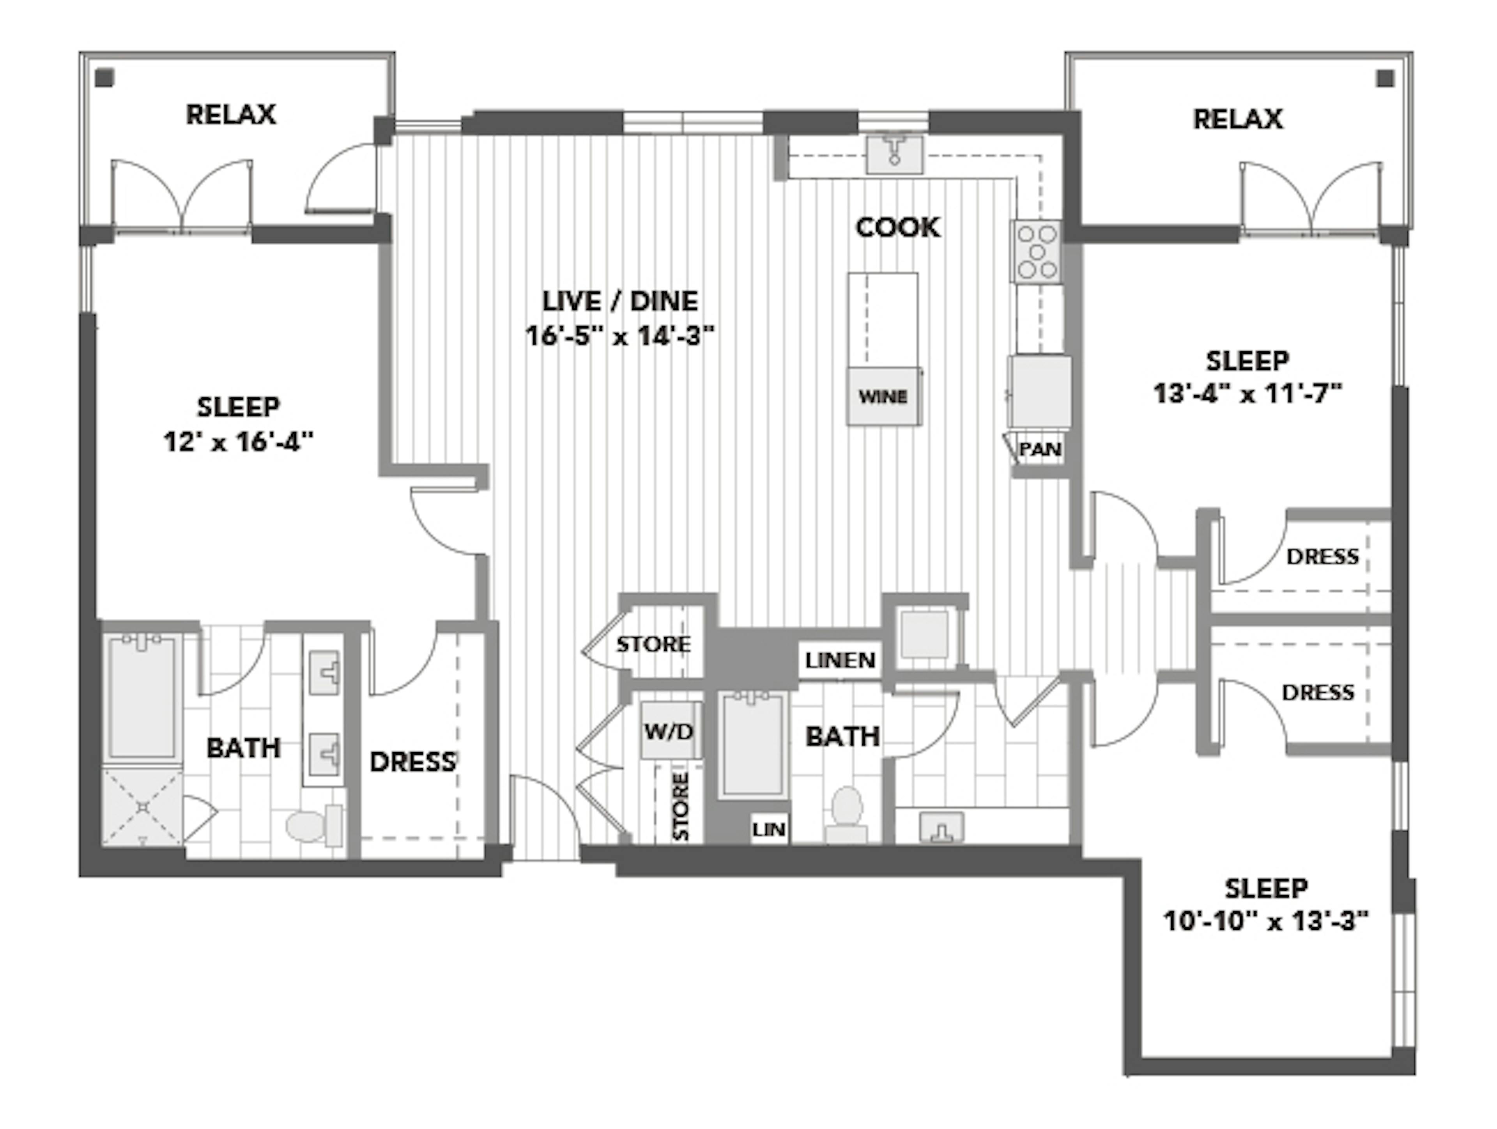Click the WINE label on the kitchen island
click(x=883, y=397)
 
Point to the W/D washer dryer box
click(x=669, y=731)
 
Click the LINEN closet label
click(x=840, y=660)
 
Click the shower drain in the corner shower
click(x=143, y=807)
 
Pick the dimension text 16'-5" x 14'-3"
click(x=620, y=336)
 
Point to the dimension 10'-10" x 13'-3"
click(x=1265, y=921)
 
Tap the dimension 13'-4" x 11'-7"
click(x=1247, y=393)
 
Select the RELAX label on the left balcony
click(x=231, y=114)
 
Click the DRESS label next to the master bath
click(x=412, y=762)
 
